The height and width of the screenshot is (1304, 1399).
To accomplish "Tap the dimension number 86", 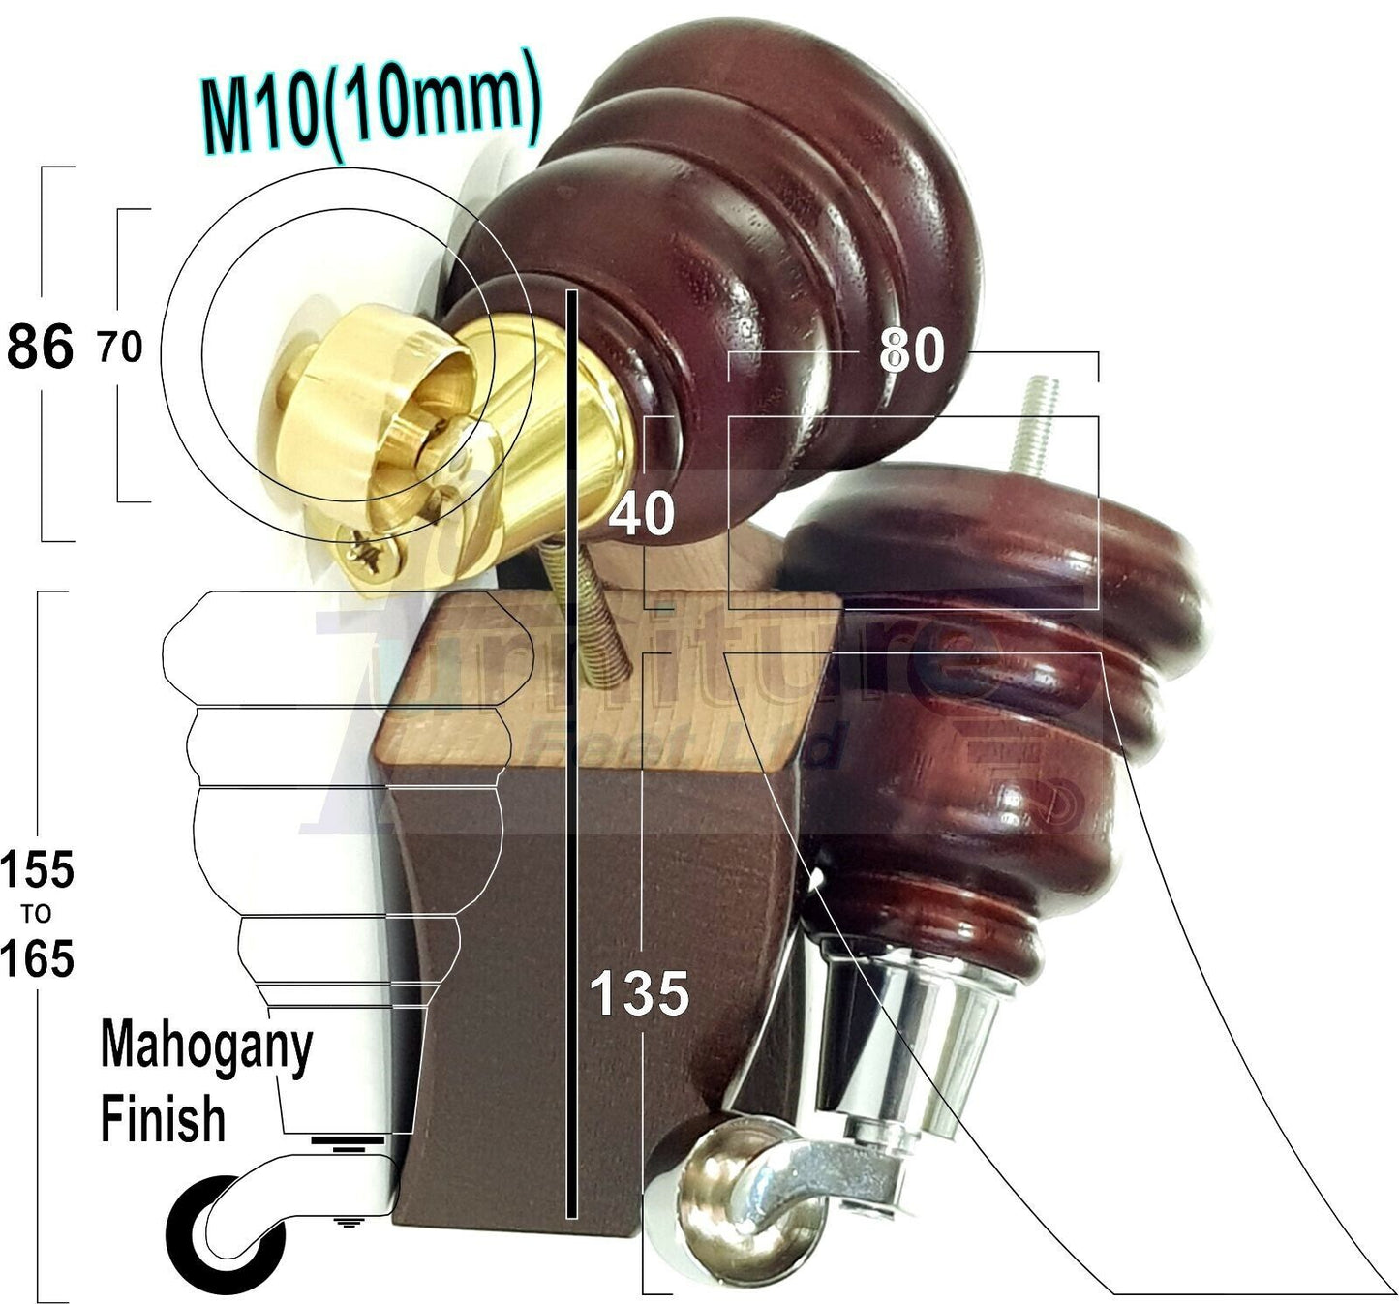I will pyautogui.click(x=40, y=347).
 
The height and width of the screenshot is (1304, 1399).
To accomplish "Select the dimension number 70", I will pyautogui.click(x=120, y=348).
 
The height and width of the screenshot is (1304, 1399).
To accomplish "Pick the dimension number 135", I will pyautogui.click(x=639, y=992).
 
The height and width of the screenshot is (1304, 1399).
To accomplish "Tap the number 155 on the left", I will pyautogui.click(x=37, y=869).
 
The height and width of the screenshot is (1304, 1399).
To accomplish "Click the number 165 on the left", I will pyautogui.click(x=37, y=958).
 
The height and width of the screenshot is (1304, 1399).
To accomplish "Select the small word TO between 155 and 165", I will pyautogui.click(x=36, y=914).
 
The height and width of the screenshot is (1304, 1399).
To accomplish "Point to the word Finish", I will pyautogui.click(x=163, y=1120).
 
